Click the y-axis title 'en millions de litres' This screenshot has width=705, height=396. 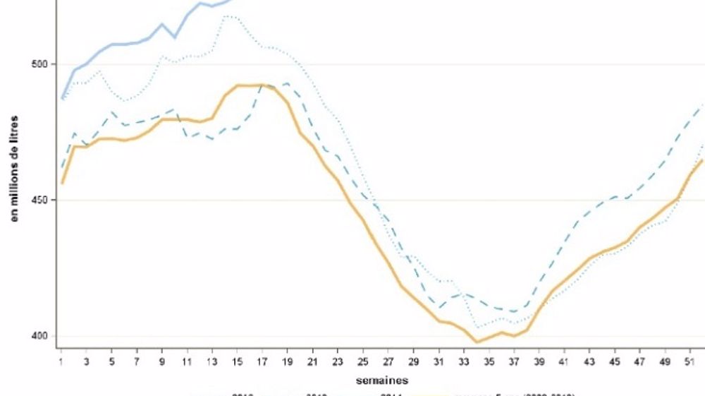point(14,169)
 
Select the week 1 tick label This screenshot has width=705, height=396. point(61,361)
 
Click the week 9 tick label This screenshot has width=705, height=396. point(162,361)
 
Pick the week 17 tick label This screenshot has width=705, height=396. point(262,361)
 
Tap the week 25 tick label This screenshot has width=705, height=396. point(363,361)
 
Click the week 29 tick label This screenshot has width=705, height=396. point(413,361)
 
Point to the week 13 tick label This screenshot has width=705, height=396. point(212,361)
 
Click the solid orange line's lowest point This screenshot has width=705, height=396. point(477,342)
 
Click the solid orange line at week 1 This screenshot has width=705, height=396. point(61,183)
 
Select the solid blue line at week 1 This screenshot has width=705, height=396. point(61,97)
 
